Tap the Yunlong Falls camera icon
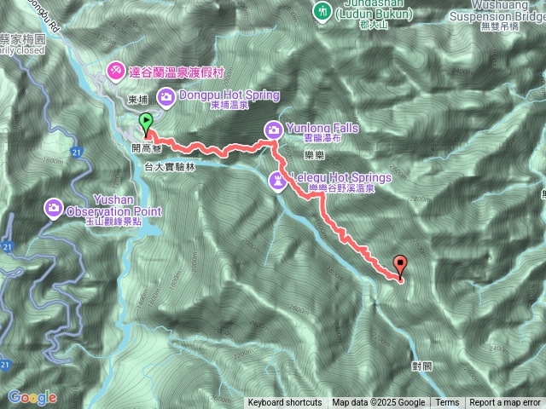pos(274,130)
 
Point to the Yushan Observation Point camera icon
pos(54,207)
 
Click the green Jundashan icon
pos(322,11)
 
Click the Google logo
pos(32,397)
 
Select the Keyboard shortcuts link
pos(285,403)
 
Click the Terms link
pos(447,403)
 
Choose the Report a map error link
pos(505,403)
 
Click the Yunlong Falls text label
pos(322,128)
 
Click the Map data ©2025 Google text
pos(378,403)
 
